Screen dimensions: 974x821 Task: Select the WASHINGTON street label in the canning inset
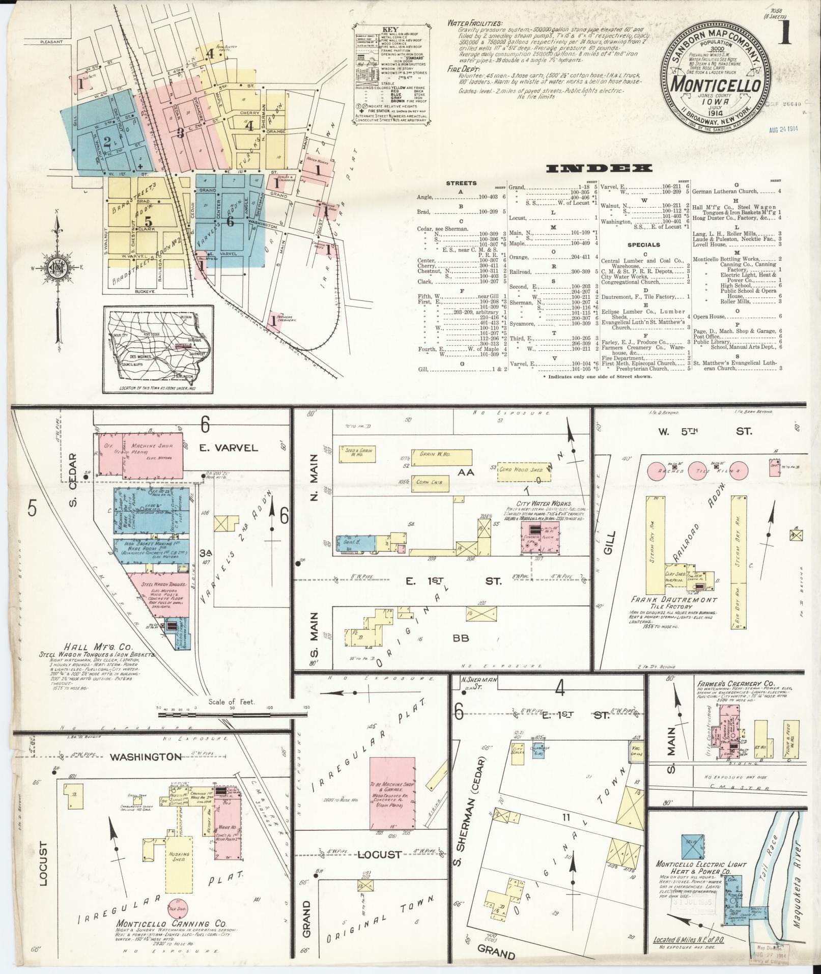pyautogui.click(x=147, y=757)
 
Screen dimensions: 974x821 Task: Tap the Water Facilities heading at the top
pyautogui.click(x=475, y=23)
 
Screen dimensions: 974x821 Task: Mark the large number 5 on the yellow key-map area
pyautogui.click(x=148, y=221)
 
